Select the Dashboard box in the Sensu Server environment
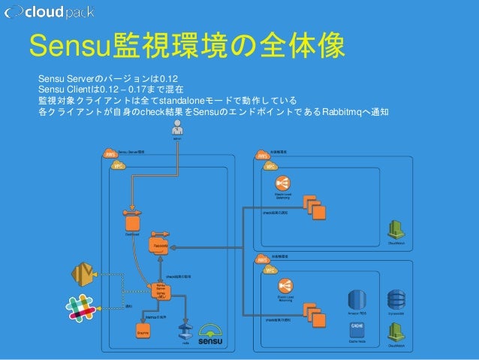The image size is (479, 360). [x=133, y=222]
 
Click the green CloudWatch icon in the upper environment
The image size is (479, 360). [x=395, y=229]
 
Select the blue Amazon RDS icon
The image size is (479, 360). [x=357, y=298]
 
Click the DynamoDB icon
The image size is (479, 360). [x=395, y=298]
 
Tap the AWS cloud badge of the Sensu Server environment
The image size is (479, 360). [x=110, y=154]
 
